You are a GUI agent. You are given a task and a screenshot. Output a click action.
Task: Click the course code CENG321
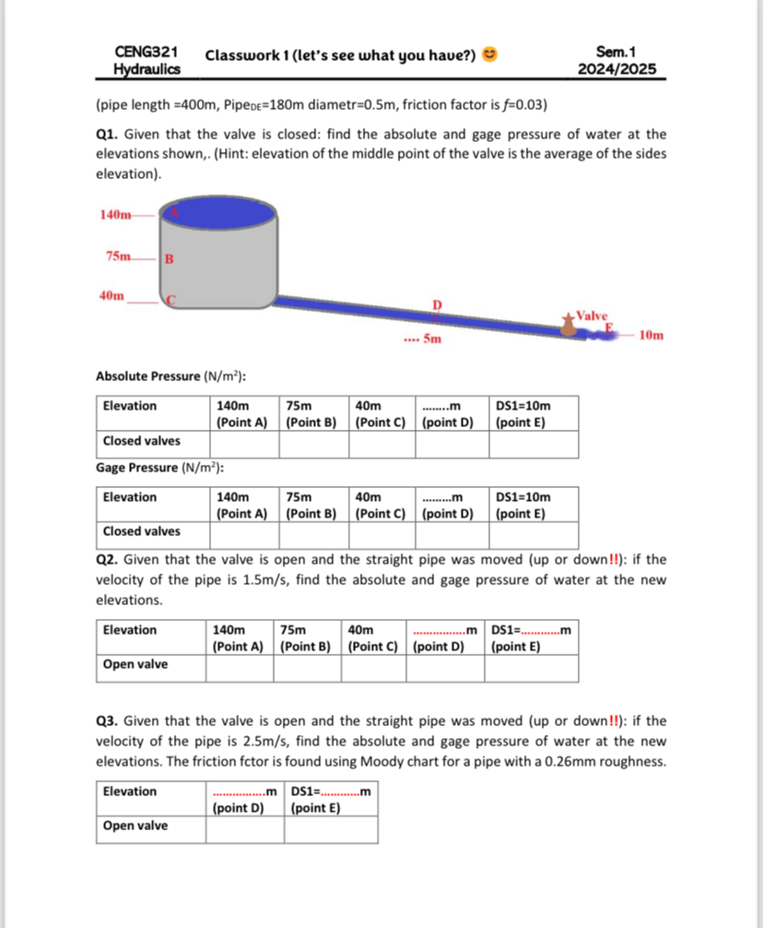pos(146,53)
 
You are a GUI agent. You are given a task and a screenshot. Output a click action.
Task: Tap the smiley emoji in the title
pos(490,55)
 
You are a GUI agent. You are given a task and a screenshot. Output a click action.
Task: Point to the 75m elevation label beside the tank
pos(119,256)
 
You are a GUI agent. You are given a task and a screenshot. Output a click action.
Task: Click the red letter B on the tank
pos(169,258)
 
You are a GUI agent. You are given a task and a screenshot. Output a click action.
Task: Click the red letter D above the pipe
pos(438,304)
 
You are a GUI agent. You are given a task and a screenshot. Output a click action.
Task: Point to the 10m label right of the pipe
pos(650,335)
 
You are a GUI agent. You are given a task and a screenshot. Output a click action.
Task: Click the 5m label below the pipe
pos(431,340)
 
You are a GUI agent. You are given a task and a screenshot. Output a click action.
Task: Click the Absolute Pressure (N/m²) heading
pos(170,375)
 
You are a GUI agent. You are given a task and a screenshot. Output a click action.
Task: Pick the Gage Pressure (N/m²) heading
pos(161,468)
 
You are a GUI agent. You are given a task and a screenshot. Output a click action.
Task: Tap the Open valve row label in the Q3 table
pos(135,826)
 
